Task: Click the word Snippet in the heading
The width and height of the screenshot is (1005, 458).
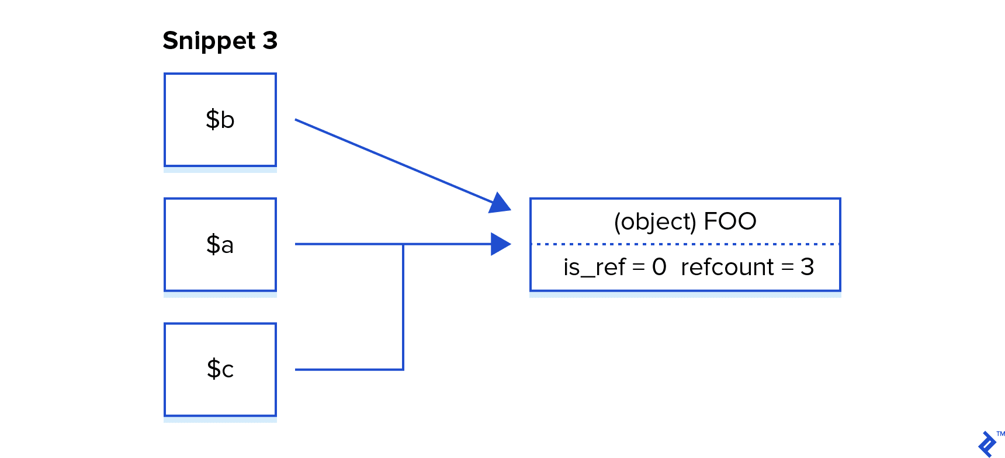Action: click(x=209, y=41)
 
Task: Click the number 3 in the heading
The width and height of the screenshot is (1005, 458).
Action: click(x=270, y=41)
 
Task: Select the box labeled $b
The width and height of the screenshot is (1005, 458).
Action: click(x=220, y=120)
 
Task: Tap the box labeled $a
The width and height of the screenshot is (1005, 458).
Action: click(x=220, y=245)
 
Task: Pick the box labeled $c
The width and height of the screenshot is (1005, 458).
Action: click(x=220, y=370)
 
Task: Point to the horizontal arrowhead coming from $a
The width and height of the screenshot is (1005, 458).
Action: click(x=501, y=244)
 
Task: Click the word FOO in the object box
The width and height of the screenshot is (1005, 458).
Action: click(x=730, y=222)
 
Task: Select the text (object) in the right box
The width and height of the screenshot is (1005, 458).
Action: click(x=655, y=222)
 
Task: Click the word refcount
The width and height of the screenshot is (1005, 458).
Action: click(x=727, y=268)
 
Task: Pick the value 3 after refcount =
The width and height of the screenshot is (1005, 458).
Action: click(x=808, y=268)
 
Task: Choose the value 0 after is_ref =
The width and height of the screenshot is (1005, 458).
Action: click(x=659, y=268)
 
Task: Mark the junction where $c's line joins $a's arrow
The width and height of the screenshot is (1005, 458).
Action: click(x=403, y=244)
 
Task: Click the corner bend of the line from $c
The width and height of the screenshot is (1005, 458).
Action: click(x=403, y=369)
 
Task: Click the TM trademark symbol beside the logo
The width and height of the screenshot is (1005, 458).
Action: click(x=1000, y=434)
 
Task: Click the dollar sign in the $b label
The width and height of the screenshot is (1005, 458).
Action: click(x=212, y=120)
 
